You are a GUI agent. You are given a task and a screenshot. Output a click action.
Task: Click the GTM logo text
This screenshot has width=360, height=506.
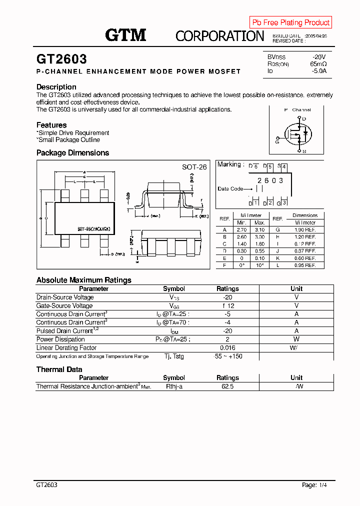(125, 35)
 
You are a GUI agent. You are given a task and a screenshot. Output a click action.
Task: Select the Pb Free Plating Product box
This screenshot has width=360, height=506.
(290, 22)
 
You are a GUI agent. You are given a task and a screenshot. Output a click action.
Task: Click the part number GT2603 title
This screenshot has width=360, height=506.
(61, 59)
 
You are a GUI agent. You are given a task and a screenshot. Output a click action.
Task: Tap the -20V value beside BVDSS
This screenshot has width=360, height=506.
(319, 57)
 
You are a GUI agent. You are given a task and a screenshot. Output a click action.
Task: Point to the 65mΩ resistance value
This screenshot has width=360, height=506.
(318, 64)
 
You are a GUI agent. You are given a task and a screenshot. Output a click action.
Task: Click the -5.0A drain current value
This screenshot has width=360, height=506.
(318, 71)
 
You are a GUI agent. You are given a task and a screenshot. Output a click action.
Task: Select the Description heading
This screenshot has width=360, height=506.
(56, 87)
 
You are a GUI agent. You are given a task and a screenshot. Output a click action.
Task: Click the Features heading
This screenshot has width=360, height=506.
(51, 125)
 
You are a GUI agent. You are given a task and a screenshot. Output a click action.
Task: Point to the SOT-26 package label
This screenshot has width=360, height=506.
(194, 167)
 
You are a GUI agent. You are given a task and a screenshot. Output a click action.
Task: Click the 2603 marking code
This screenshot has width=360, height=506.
(270, 180)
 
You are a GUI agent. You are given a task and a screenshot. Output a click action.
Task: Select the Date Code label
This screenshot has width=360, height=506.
(230, 188)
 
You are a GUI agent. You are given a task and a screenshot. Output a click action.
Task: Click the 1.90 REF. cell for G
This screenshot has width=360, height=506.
(305, 229)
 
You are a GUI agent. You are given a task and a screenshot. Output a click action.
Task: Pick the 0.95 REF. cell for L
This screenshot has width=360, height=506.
(305, 265)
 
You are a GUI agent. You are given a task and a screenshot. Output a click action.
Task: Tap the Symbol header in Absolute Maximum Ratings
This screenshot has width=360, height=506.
(174, 288)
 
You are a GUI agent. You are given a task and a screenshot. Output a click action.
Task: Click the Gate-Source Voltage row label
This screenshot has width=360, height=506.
(64, 305)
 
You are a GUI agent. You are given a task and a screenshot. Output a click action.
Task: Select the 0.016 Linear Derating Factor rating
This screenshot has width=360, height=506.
(227, 347)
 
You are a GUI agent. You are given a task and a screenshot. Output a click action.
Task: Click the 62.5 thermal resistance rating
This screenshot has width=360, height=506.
(227, 386)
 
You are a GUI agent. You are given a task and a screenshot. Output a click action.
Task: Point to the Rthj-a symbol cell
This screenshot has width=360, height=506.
(174, 386)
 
